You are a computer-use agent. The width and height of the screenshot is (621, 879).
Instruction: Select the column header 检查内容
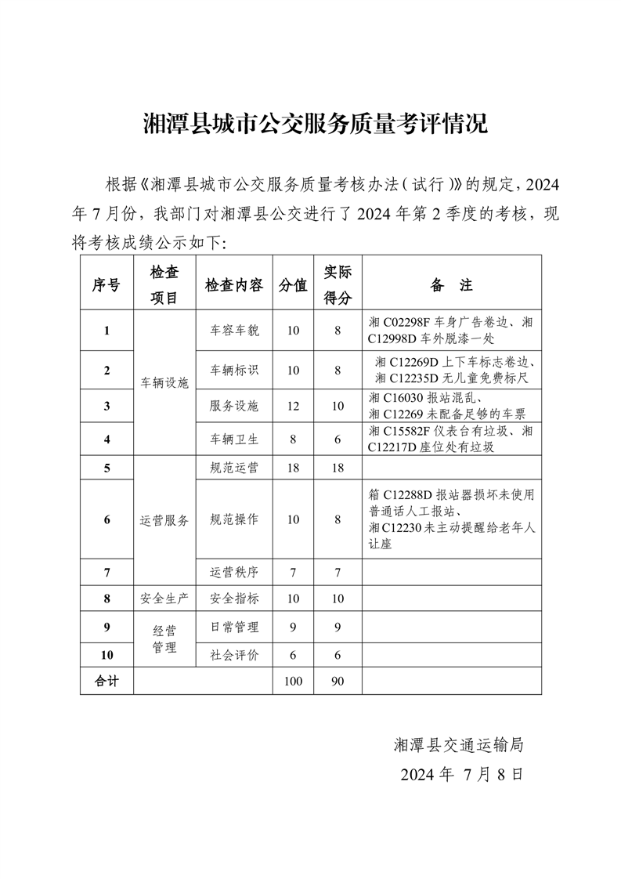tap(233, 285)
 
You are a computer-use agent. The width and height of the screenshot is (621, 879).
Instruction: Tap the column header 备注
tap(451, 285)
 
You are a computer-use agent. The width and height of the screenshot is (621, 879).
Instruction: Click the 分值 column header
tap(293, 285)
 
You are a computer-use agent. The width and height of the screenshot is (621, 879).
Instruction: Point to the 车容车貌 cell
tap(233, 331)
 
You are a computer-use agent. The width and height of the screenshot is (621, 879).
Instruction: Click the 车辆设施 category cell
tap(164, 383)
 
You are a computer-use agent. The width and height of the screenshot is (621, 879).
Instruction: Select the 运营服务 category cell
tap(164, 519)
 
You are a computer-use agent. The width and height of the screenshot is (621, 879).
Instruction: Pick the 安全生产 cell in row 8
tap(164, 599)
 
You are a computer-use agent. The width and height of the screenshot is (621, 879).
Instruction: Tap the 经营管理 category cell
tap(164, 638)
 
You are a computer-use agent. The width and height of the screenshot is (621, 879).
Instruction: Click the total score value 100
tap(293, 682)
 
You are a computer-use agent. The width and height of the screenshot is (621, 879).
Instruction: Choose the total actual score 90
tap(338, 682)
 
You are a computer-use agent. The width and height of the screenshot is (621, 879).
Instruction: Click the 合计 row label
tap(107, 682)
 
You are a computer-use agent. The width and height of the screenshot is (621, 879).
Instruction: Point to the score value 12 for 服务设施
tap(293, 406)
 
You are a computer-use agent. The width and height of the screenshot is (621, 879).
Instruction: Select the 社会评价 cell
tap(233, 655)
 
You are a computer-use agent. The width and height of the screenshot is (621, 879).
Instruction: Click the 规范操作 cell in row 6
tap(233, 519)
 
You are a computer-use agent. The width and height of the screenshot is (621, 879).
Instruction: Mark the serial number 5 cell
tap(107, 468)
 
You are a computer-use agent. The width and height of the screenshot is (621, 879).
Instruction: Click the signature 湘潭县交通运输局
tap(458, 745)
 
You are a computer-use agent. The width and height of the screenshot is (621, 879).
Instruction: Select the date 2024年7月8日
tap(460, 775)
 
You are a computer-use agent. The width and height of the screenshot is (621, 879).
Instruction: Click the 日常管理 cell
tap(233, 627)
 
